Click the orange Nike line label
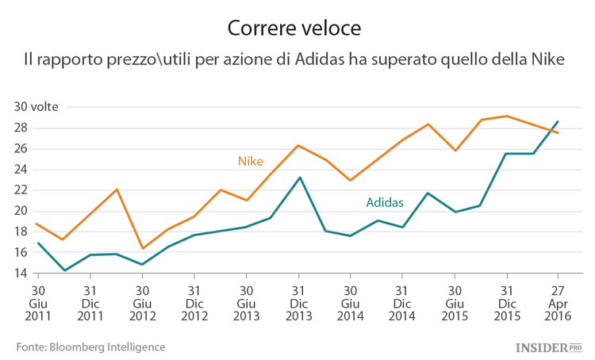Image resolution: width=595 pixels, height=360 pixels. pyautogui.click(x=250, y=161)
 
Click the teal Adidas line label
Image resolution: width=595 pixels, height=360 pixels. pyautogui.click(x=385, y=202)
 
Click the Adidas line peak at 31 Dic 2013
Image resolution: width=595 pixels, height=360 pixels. pyautogui.click(x=298, y=178)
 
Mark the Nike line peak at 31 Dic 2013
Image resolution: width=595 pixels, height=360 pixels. pyautogui.click(x=298, y=145)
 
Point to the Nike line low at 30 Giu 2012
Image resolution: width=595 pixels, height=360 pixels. pyautogui.click(x=143, y=248)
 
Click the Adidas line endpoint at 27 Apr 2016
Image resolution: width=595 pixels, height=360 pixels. pyautogui.click(x=559, y=121)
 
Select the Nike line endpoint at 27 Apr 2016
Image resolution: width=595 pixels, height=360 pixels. pyautogui.click(x=559, y=132)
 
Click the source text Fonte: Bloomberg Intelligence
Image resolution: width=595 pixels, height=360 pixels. pyautogui.click(x=90, y=347)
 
